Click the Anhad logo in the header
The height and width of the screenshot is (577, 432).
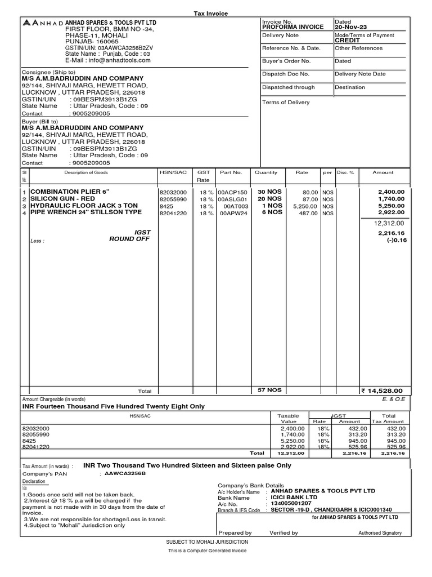coord(42,23)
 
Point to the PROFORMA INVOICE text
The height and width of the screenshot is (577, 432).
coord(292,27)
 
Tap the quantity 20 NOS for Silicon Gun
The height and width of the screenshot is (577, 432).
coord(269,199)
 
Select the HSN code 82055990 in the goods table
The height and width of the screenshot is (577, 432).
coord(173,199)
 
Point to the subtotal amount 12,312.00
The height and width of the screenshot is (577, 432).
coord(389,224)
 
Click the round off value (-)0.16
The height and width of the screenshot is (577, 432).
coord(395,240)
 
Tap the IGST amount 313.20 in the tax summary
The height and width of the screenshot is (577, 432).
coord(349,435)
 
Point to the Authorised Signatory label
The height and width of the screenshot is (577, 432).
coord(380,532)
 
